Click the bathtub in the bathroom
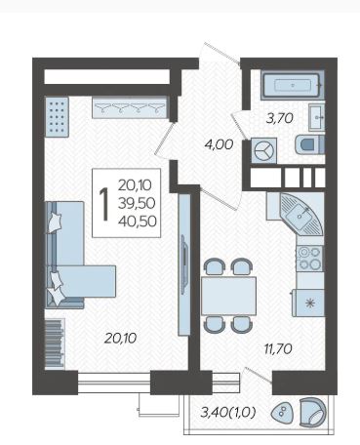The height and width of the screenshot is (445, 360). pyautogui.click(x=293, y=85)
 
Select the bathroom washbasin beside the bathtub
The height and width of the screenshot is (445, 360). pyautogui.click(x=316, y=117)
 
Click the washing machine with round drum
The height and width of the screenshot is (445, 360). pyautogui.click(x=264, y=150)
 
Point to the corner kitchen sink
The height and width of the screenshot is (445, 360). pyautogui.click(x=301, y=214)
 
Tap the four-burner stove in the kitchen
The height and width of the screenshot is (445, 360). pyautogui.click(x=309, y=259)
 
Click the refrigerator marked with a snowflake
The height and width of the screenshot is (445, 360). pyautogui.click(x=308, y=303)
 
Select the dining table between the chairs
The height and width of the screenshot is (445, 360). pyautogui.click(x=228, y=296)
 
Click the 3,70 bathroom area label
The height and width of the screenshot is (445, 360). pyautogui.click(x=280, y=118)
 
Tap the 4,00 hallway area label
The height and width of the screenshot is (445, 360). pyautogui.click(x=219, y=144)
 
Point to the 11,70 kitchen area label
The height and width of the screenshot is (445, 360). pyautogui.click(x=278, y=349)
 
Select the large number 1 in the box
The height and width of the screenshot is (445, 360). pyautogui.click(x=103, y=204)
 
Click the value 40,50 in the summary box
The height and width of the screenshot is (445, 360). pyautogui.click(x=138, y=222)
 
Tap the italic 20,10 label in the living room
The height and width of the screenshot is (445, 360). pyautogui.click(x=120, y=339)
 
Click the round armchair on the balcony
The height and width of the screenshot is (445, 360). pyautogui.click(x=312, y=412)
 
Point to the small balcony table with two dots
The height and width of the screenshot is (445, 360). pyautogui.click(x=282, y=413)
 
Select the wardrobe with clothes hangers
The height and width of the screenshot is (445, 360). pyautogui.click(x=130, y=107)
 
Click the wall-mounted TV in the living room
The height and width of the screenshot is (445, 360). pyautogui.click(x=184, y=264)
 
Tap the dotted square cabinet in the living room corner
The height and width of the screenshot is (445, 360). pyautogui.click(x=57, y=117)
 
